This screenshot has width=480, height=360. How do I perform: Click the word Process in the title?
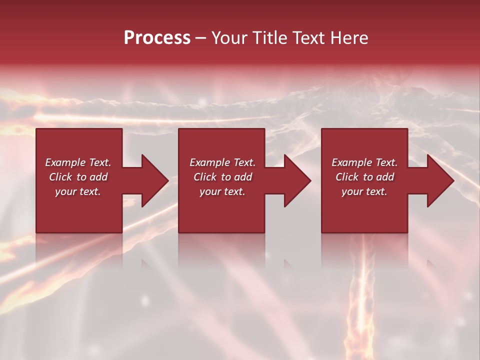tap(157, 38)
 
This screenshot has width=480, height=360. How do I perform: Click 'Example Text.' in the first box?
tap(78, 162)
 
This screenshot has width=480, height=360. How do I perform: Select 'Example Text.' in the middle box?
tap(222, 162)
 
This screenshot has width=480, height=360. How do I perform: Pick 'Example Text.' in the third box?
tap(364, 162)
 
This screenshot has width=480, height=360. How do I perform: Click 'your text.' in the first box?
tap(78, 191)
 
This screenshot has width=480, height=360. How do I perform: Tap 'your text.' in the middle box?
tap(222, 191)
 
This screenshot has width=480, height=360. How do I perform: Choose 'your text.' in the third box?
tap(364, 191)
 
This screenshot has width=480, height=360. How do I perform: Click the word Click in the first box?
tap(60, 177)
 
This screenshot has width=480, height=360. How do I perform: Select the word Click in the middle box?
tap(205, 177)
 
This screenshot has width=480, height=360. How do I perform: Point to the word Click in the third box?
tap(347, 177)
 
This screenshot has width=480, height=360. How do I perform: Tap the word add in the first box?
tap(98, 177)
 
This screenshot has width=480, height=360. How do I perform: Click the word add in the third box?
tap(385, 177)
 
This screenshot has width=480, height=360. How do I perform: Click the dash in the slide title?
tap(201, 38)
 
